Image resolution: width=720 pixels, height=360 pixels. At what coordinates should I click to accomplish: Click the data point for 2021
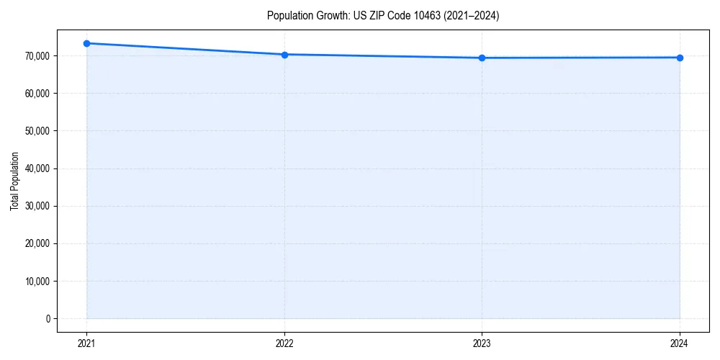[86, 43]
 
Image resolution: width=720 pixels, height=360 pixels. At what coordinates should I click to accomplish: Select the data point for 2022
[284, 55]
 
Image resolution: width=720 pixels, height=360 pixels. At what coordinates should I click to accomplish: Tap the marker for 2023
[482, 58]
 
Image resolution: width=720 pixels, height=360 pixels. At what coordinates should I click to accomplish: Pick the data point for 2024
[680, 58]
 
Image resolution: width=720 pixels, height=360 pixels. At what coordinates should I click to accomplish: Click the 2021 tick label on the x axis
[86, 343]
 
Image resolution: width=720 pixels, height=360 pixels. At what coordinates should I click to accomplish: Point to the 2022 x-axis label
[284, 343]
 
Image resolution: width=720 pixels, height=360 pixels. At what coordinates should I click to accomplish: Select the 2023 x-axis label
[482, 343]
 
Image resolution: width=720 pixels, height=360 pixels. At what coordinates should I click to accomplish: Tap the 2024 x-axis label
[680, 343]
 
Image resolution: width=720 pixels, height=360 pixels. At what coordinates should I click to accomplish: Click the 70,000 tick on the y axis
[37, 56]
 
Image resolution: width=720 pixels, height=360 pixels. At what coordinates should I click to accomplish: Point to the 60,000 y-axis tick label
[37, 94]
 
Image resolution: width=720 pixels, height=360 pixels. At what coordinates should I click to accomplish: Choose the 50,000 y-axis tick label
[37, 131]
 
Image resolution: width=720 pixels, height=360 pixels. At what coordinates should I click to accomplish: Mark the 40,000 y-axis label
[37, 168]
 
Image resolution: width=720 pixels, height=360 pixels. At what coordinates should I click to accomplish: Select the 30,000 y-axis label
[37, 206]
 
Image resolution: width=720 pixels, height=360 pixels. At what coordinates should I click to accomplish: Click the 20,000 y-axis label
[37, 243]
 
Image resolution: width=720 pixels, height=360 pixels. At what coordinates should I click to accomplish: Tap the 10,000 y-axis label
[37, 281]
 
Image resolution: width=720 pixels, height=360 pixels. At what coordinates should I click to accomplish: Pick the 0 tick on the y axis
[48, 318]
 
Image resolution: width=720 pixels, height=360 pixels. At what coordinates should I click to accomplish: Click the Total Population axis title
[14, 181]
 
